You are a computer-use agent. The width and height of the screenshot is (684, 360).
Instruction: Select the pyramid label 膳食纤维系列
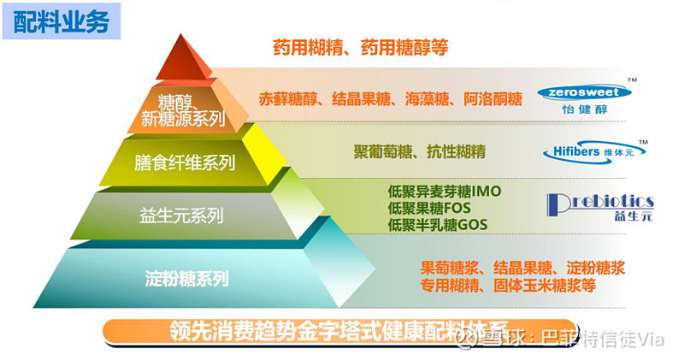tap(185, 162)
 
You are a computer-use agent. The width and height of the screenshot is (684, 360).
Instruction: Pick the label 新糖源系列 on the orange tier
tap(183, 119)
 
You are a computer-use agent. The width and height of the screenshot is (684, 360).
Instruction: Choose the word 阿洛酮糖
tap(492, 98)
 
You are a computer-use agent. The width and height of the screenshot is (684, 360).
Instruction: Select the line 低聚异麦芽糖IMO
tap(439, 192)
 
